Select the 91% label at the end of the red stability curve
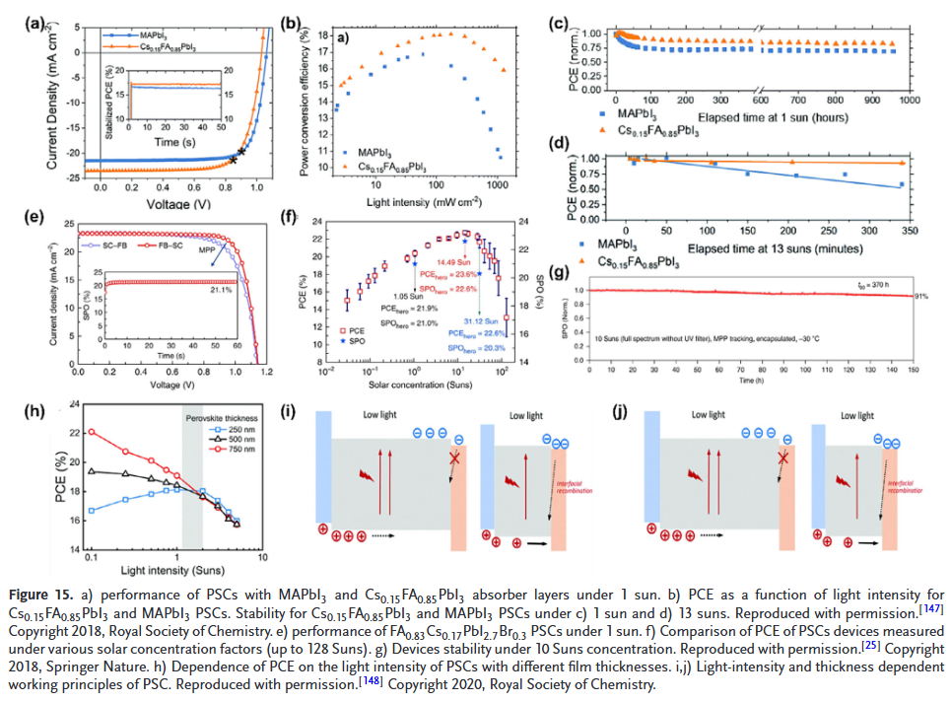[920, 297]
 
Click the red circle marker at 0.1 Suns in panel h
[93, 432]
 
